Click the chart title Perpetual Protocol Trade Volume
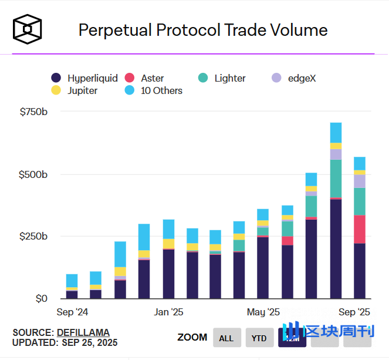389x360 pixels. (203, 30)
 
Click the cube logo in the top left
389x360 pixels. (28, 29)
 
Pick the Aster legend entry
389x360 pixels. (145, 78)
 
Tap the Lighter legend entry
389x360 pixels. (222, 78)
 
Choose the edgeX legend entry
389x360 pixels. (295, 78)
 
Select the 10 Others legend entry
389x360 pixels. (154, 90)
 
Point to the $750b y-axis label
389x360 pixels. (34, 112)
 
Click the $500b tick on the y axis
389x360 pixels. (34, 174)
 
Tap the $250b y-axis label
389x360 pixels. (34, 236)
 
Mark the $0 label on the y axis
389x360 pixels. (40, 298)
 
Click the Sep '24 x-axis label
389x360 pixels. (73, 311)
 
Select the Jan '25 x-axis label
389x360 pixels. (170, 311)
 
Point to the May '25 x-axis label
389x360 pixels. (263, 311)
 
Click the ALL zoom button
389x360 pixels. (226, 338)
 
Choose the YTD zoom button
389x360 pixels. (259, 338)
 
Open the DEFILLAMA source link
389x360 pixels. (83, 332)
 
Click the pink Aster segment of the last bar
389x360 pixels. (360, 229)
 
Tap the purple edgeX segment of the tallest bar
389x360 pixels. (336, 154)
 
